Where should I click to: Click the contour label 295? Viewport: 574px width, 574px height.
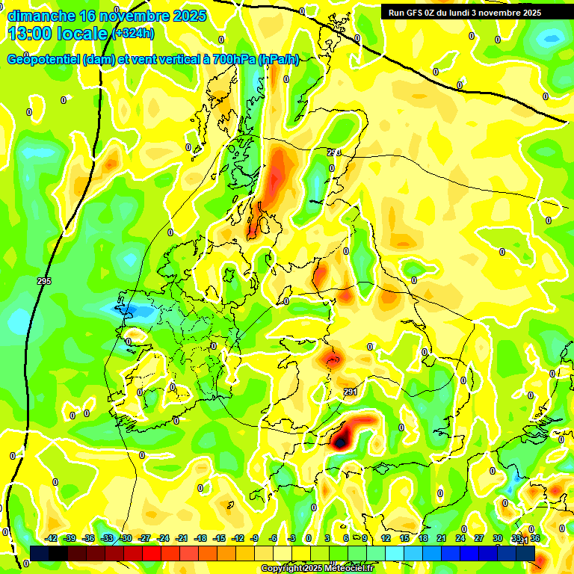point(43,281)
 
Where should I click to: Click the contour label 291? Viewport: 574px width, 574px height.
point(350,392)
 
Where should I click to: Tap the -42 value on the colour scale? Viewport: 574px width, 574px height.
point(52,538)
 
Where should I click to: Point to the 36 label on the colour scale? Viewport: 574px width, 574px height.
point(535,538)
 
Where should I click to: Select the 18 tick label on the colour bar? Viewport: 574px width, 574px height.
point(423,538)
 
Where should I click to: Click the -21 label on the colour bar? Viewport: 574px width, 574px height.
point(182,538)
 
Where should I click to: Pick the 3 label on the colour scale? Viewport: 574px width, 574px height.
point(327,538)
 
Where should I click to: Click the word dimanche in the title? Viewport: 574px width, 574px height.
point(41,16)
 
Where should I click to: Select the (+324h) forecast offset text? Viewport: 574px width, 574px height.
point(134,34)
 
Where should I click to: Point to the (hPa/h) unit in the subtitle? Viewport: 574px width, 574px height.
point(278,60)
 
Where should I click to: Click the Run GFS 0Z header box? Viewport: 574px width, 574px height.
point(465,12)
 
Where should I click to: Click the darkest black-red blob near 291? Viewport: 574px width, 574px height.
point(341,442)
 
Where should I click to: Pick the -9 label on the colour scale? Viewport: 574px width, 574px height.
point(254,538)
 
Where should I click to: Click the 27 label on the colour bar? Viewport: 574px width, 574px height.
point(478,538)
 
